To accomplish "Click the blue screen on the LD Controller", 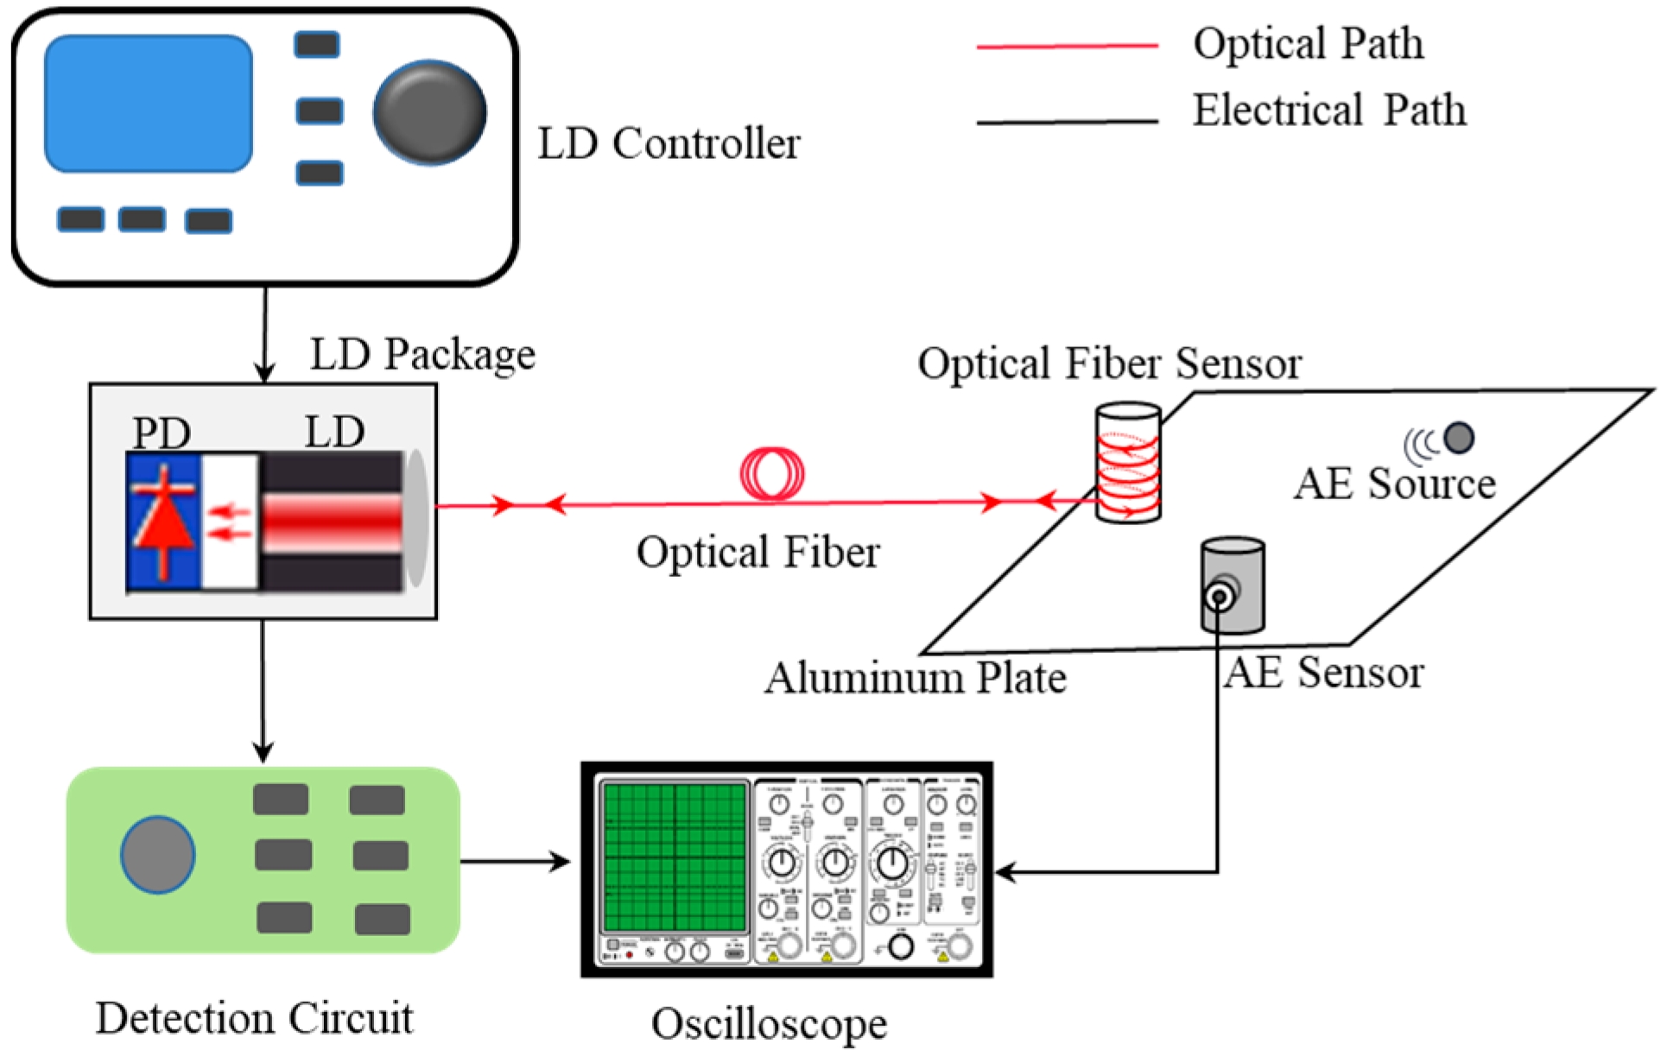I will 148,104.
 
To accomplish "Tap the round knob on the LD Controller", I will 429,112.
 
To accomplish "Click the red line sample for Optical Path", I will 1067,46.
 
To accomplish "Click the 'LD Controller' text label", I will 669,143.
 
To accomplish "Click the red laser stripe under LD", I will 333,522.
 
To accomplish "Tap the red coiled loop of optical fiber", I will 772,474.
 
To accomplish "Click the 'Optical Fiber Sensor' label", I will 1109,363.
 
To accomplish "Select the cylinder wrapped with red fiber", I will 1128,463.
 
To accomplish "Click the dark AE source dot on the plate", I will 1459,437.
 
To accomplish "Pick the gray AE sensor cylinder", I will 1233,585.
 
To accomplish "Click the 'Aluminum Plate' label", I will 916,678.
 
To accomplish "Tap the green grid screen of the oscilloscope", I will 675,856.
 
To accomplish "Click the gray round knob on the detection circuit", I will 158,854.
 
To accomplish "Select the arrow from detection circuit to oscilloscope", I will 515,861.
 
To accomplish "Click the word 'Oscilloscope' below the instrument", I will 769,1024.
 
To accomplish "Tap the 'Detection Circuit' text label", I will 254,1018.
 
